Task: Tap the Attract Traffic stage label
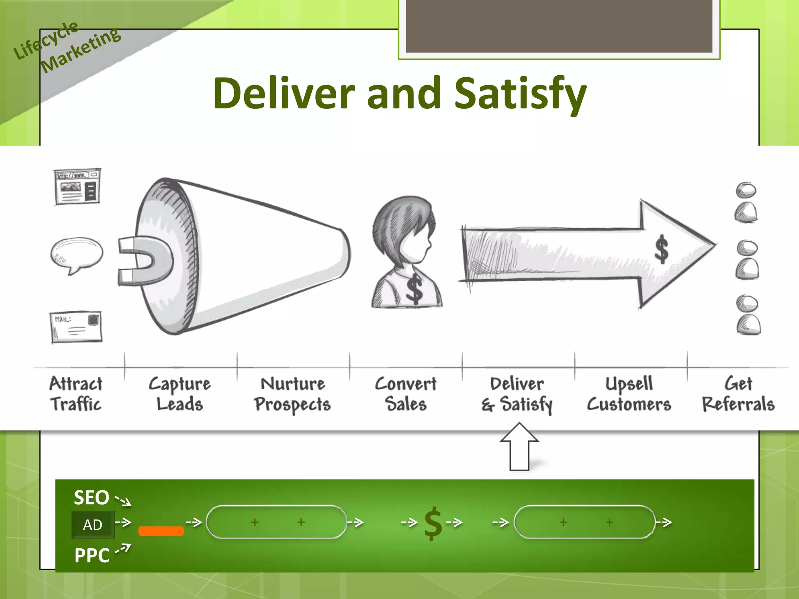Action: tap(76, 394)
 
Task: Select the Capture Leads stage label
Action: tap(180, 394)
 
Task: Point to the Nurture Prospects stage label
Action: tap(293, 394)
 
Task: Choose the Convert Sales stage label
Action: tap(406, 394)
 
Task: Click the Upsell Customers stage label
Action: tap(629, 394)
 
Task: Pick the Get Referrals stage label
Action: tap(738, 394)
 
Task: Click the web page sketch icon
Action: tap(77, 186)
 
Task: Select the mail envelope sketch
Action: tap(76, 327)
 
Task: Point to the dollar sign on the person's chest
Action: tap(414, 289)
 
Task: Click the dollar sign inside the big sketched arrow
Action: tap(662, 249)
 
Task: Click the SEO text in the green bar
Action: tap(92, 498)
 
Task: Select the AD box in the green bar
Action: tap(93, 525)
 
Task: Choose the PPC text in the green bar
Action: tap(92, 555)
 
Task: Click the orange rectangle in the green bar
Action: tap(161, 531)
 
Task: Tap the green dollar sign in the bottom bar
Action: tap(433, 524)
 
